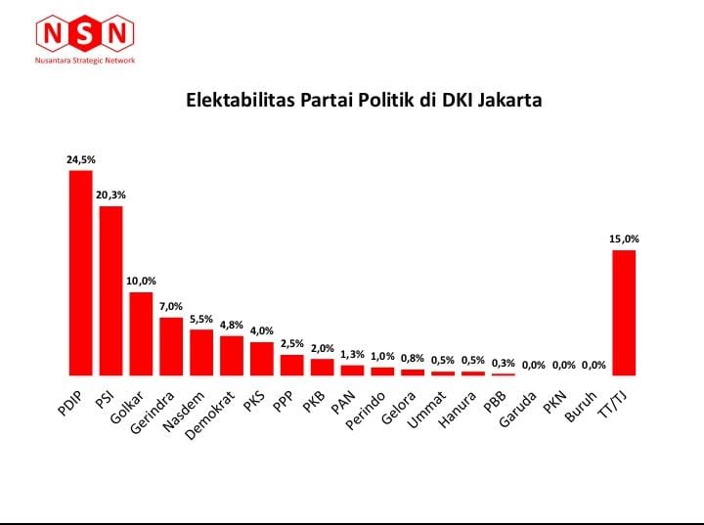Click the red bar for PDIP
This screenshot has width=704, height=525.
[80, 273]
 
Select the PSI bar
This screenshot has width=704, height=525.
[110, 290]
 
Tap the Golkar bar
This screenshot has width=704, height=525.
[141, 333]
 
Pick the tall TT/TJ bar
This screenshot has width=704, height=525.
[624, 313]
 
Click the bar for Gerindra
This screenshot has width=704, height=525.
[171, 346]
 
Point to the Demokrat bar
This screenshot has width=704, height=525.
[232, 355]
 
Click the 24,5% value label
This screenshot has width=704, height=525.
[80, 158]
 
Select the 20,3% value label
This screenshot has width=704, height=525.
[110, 195]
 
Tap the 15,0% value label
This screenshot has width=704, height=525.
[624, 239]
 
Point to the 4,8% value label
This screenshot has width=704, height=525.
[232, 325]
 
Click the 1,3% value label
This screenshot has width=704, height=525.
[352, 354]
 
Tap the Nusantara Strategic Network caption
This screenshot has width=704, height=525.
[85, 61]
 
